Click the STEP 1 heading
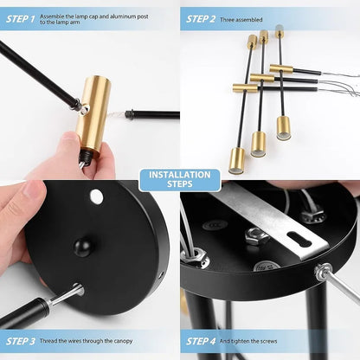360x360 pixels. click(20, 19)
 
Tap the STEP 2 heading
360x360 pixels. click(201, 19)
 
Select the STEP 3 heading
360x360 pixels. click(21, 341)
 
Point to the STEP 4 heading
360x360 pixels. click(201, 341)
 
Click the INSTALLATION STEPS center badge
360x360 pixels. click(180, 179)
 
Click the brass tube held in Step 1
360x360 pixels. click(93, 116)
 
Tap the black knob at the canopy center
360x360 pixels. click(82, 247)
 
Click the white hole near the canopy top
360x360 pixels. click(96, 196)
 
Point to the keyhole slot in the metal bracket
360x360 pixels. click(299, 240)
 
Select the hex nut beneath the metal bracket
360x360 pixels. click(257, 236)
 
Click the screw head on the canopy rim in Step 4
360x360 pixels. click(323, 272)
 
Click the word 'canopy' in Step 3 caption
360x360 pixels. click(123, 341)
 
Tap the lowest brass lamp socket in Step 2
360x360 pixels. click(237, 161)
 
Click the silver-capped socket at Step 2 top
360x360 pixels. click(279, 31)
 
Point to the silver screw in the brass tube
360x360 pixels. click(84, 110)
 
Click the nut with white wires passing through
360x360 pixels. click(195, 256)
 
